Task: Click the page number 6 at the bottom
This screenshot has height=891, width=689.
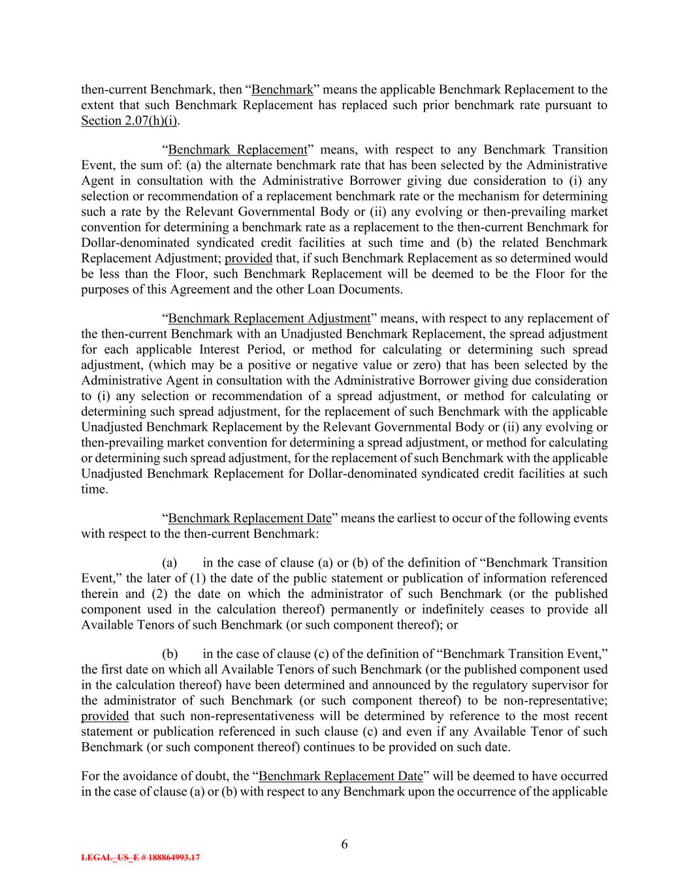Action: pos(344,845)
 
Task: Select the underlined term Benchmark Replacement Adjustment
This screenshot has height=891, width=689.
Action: pos(269,319)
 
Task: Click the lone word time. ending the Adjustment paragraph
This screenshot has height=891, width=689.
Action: pos(94,489)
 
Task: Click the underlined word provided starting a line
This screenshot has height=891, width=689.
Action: pos(104,717)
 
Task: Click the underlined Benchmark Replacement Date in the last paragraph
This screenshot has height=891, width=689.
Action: pos(341,776)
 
